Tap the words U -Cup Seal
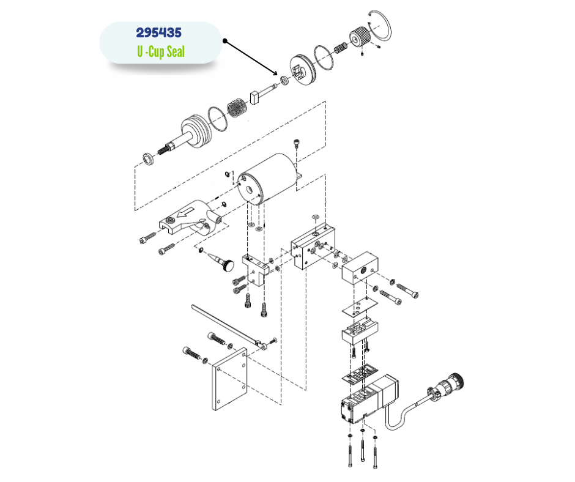(x=161, y=53)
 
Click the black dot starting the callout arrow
(x=225, y=42)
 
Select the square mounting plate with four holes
(x=230, y=380)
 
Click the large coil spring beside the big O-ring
(x=236, y=109)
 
